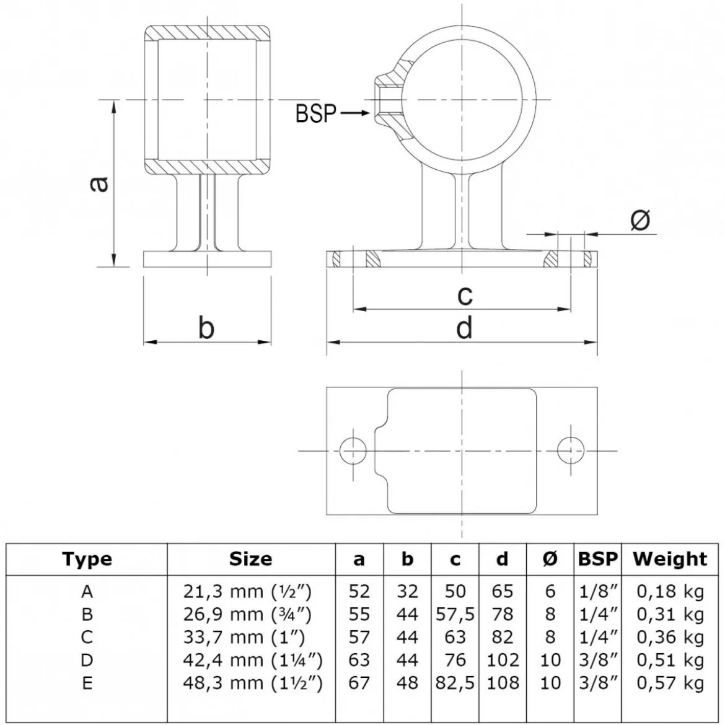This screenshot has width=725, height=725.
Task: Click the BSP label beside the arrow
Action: coord(316,113)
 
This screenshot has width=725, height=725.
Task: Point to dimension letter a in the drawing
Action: coord(99,183)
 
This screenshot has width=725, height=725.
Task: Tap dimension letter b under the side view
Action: coord(206,328)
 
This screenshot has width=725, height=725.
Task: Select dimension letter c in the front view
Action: coord(465,296)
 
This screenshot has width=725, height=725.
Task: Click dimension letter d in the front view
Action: coord(464,328)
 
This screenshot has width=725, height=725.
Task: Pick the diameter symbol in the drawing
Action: coord(640,219)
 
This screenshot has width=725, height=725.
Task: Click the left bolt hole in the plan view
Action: coord(353,450)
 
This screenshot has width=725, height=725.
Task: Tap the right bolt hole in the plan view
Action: coord(571,450)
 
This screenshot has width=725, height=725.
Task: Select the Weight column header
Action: coord(670,559)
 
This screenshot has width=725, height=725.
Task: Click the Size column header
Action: coord(250,559)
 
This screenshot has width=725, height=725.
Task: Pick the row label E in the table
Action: coord(87,683)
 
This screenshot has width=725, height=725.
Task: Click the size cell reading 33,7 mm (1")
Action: coord(244,638)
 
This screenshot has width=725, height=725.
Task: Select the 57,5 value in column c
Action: coord(455,615)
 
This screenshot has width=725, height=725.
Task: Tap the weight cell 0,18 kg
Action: coord(670,592)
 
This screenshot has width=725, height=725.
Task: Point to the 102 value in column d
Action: coord(503,661)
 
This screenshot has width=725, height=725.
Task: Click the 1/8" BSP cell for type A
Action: coord(599,591)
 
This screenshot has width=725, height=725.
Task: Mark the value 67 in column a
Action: coord(359,683)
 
